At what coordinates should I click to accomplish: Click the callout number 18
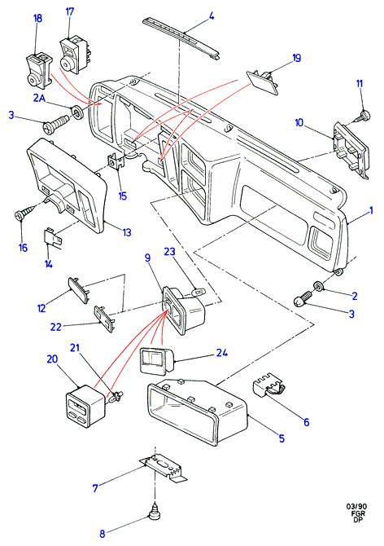point(37,18)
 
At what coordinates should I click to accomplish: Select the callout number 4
point(212,16)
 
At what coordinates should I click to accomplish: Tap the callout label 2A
point(39,98)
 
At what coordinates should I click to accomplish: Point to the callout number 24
point(222,352)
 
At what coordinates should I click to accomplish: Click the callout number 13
point(127,232)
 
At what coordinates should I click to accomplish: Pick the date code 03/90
point(357,506)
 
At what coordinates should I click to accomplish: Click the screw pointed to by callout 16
point(26,212)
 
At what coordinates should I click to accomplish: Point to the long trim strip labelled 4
point(181,38)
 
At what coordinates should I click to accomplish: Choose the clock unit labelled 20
point(85,405)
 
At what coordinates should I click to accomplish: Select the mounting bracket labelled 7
point(164,468)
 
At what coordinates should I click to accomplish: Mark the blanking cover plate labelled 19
point(263,81)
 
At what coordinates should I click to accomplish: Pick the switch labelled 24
point(156,360)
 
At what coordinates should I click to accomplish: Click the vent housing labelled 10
point(350,149)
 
